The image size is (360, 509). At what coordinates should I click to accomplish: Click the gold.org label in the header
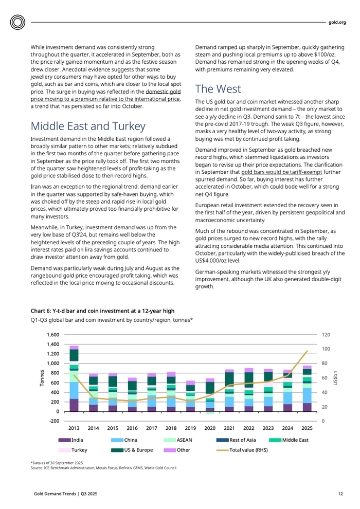[x=337, y=22]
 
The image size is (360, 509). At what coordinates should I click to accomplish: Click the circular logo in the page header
[x=18, y=23]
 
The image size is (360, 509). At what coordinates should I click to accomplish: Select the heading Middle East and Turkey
[x=88, y=126]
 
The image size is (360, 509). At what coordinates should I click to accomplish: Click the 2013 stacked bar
[x=74, y=379]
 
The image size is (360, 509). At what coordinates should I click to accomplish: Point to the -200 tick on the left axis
[x=52, y=421]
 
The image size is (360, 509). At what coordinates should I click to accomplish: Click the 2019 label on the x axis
[x=190, y=428]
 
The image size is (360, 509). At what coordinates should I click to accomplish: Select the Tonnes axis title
[x=42, y=378]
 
